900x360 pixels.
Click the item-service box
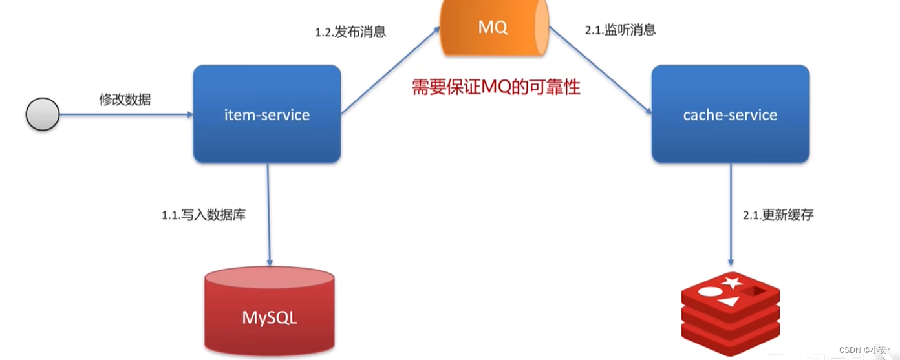tap(266, 114)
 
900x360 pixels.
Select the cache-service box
tap(730, 114)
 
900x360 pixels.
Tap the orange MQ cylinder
tap(494, 28)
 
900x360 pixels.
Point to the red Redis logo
tap(731, 310)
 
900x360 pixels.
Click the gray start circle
tap(43, 115)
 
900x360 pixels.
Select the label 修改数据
tap(125, 99)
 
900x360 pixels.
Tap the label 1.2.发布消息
tap(350, 32)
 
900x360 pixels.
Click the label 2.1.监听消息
tap(621, 30)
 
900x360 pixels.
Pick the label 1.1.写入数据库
tap(204, 215)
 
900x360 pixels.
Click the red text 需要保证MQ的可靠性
tap(496, 87)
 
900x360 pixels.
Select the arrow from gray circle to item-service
tap(126, 115)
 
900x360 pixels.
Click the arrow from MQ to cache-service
tap(600, 70)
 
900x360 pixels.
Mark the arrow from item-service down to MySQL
tap(268, 213)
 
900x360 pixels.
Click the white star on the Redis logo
tap(731, 282)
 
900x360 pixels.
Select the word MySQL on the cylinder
tap(270, 318)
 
